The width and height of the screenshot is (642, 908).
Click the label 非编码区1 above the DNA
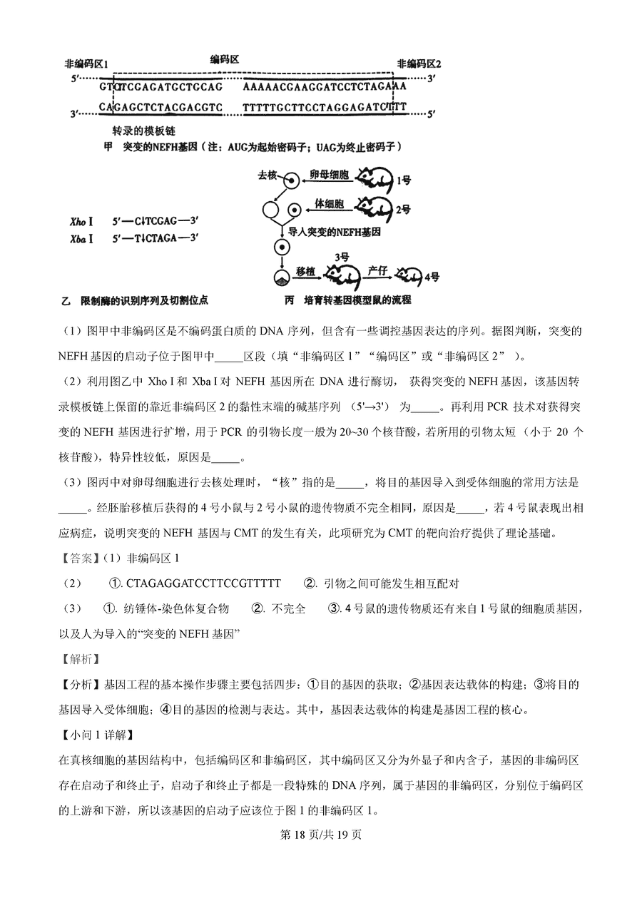coord(86,63)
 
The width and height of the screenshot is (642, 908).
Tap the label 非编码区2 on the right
coord(419,63)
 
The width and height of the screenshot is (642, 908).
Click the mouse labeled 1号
coord(373,178)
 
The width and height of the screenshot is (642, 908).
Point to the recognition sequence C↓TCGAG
coord(154,222)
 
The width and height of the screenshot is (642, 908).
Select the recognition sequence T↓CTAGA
coord(154,238)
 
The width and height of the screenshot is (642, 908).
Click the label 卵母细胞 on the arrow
coord(329,174)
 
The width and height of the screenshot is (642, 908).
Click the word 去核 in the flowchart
coord(266,175)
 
